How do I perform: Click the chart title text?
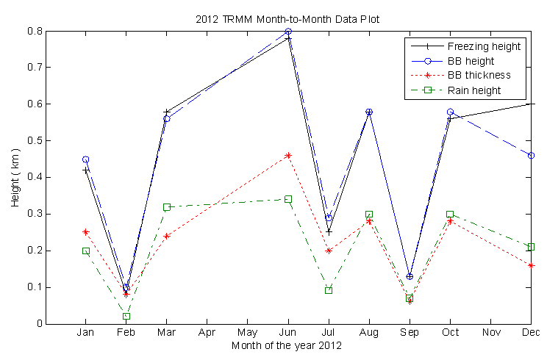[x=287, y=18]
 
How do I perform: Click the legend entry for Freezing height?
[x=484, y=46]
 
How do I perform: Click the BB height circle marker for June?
[x=288, y=32]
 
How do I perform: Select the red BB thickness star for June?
[x=288, y=156]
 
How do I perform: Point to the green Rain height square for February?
[x=126, y=317]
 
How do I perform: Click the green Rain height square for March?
[x=167, y=207]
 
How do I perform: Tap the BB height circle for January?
[x=86, y=159]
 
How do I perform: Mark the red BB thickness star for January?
[x=86, y=232]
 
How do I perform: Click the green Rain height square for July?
[x=329, y=290]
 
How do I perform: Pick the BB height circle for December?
[x=531, y=156]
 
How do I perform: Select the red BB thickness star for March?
[x=167, y=236]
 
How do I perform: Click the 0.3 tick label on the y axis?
[x=33, y=214]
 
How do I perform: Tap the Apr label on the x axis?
[x=207, y=333]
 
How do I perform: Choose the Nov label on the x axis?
[x=490, y=333]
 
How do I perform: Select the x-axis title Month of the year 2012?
[x=287, y=345]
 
